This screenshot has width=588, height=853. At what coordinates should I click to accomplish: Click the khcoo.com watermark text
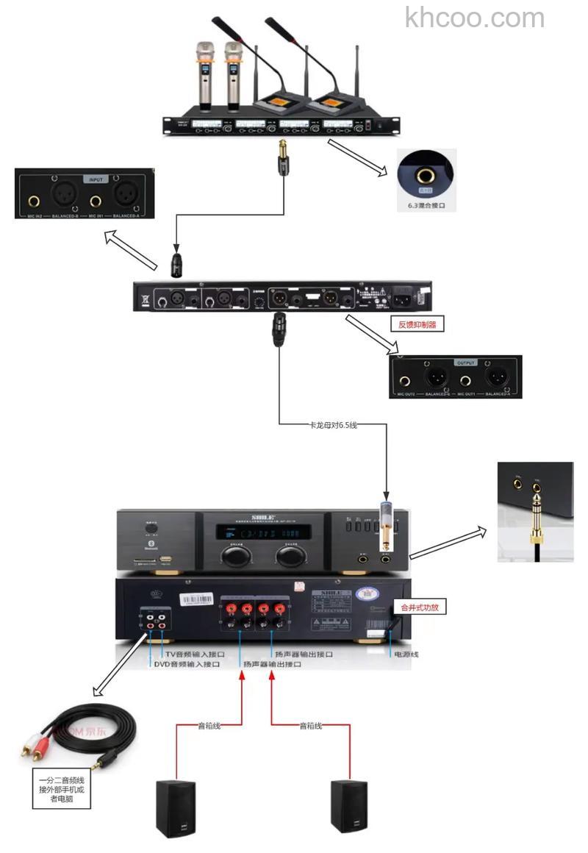click(x=475, y=18)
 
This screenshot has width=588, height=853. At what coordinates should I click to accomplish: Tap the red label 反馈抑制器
click(x=417, y=324)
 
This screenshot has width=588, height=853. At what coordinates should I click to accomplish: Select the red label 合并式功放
click(x=420, y=608)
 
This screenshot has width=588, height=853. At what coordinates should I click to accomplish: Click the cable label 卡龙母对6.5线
click(x=332, y=425)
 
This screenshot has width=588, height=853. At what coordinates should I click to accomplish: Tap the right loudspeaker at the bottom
click(x=348, y=806)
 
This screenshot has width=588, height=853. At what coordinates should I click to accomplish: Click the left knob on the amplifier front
click(x=234, y=556)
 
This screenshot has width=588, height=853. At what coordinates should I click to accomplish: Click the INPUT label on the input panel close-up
click(x=96, y=179)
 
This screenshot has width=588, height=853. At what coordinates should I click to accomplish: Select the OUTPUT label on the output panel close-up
click(x=465, y=363)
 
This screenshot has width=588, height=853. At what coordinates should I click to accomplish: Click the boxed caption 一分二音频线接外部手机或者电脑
click(x=62, y=788)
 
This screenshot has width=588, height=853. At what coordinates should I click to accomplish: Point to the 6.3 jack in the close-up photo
click(x=426, y=176)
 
